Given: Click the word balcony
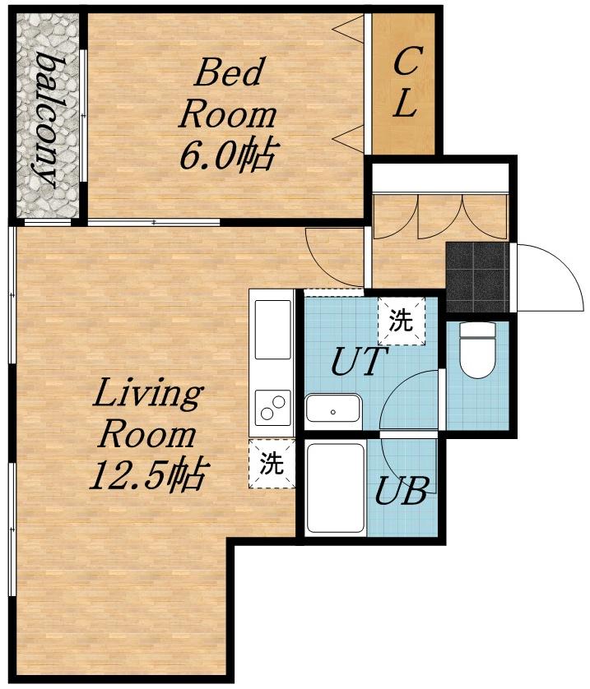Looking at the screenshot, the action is coord(46,120).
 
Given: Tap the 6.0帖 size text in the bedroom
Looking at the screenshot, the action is coord(228,155).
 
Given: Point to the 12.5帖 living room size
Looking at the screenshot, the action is coord(148,475).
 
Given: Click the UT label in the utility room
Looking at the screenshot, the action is coord(355,361).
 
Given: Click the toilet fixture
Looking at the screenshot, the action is coord(477,350).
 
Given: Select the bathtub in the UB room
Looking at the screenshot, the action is coord(336,488).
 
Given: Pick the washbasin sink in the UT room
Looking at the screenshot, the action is coord(333,408).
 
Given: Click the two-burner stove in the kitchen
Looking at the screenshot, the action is coord(272,407).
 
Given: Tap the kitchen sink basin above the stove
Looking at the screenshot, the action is coord(273,330).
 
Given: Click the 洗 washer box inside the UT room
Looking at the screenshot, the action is coord(402,321).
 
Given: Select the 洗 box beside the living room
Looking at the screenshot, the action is coord(272,464).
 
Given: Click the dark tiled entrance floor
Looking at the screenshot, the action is coord(477,277).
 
